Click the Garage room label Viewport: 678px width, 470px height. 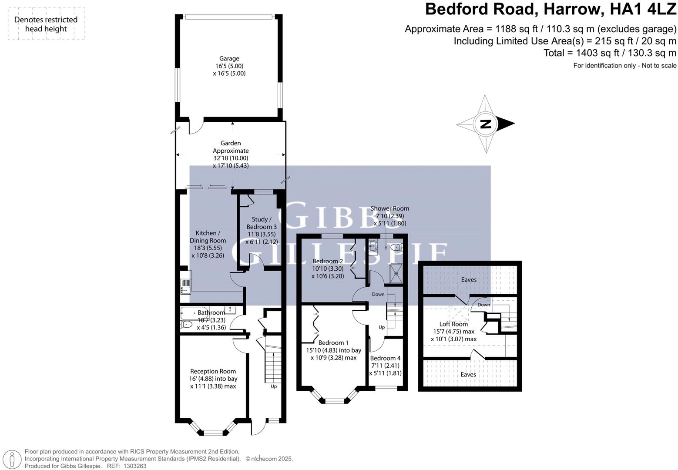pyautogui.click(x=229, y=59)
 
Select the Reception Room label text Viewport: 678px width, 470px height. pyautogui.click(x=213, y=371)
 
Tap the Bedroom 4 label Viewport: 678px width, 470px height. pyautogui.click(x=385, y=358)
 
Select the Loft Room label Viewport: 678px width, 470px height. pyautogui.click(x=453, y=324)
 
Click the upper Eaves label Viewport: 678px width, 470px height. pyautogui.click(x=469, y=280)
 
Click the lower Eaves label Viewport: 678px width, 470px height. pyautogui.click(x=468, y=374)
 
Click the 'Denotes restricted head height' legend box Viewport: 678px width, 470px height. pyautogui.click(x=46, y=24)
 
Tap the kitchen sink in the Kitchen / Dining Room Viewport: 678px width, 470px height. pyautogui.click(x=185, y=287)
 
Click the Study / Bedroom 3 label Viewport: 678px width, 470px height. pyautogui.click(x=262, y=223)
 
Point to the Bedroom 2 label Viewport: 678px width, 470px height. pyautogui.click(x=328, y=261)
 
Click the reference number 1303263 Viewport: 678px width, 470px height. pyautogui.click(x=135, y=466)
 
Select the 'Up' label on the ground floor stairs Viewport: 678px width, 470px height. pyautogui.click(x=274, y=386)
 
